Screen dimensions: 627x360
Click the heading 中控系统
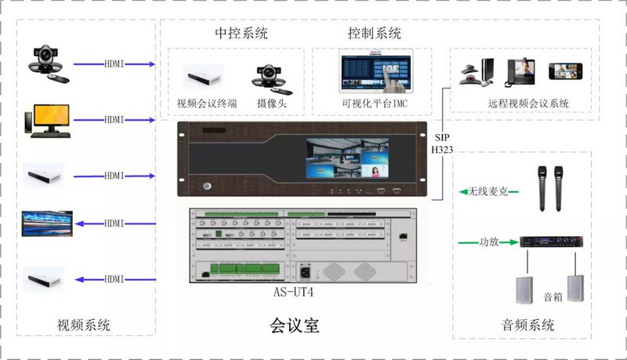(x=241, y=33)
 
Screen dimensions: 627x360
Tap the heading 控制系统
(x=375, y=33)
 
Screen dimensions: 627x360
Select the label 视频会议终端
(x=207, y=104)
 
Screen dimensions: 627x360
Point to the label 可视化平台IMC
(x=375, y=104)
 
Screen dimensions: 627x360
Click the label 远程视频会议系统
(x=528, y=104)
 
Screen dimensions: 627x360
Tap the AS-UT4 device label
(x=293, y=292)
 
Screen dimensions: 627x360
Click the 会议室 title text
(x=295, y=325)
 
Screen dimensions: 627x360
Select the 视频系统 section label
(x=84, y=325)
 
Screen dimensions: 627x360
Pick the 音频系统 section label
(x=527, y=325)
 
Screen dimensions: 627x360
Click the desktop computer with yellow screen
(x=48, y=122)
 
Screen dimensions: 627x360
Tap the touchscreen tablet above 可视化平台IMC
(x=376, y=71)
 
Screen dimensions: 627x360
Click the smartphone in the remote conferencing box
(x=565, y=71)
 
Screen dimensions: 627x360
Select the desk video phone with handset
(x=520, y=72)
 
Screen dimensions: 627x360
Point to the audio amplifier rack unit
(x=551, y=242)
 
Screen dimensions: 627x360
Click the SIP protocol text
(x=442, y=137)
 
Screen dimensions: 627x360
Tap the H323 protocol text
(x=442, y=150)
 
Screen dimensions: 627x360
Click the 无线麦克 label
(x=487, y=191)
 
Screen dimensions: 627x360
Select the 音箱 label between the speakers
(x=553, y=296)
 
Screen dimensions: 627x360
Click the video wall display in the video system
(x=47, y=224)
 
